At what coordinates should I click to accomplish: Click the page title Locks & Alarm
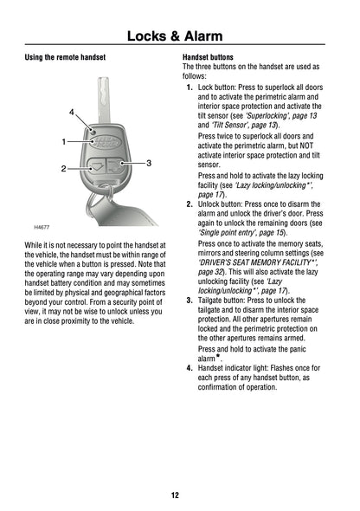click(x=175, y=36)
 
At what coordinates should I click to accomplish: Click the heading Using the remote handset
click(x=65, y=57)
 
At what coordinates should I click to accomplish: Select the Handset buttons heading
click(x=208, y=57)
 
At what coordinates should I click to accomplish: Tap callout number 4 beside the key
click(x=72, y=112)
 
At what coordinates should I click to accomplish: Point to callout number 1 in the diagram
click(x=64, y=142)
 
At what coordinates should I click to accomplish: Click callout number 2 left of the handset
click(x=63, y=169)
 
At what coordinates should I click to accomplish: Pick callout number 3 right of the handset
click(x=149, y=163)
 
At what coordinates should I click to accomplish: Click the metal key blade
click(x=104, y=100)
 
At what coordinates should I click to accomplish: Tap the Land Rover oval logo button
click(x=106, y=142)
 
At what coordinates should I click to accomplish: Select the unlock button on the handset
click(x=97, y=166)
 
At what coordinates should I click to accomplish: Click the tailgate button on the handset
click(x=115, y=165)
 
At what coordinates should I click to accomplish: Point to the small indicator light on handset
click(x=93, y=132)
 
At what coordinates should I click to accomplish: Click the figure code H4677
click(x=42, y=227)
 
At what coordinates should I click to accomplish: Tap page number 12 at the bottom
click(x=175, y=495)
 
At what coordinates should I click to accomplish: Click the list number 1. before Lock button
click(x=190, y=87)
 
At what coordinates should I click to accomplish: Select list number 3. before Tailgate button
click(x=190, y=301)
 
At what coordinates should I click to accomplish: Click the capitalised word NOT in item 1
click(x=306, y=146)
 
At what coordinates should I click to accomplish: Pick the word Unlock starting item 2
click(x=209, y=204)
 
